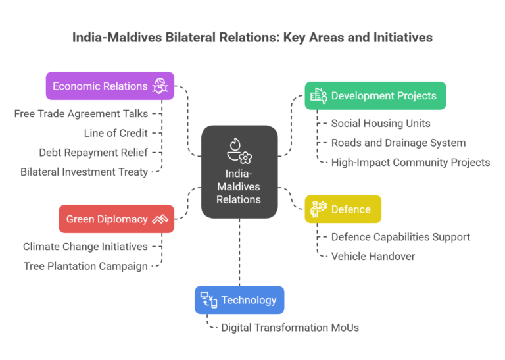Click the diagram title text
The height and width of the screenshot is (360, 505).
[252, 37]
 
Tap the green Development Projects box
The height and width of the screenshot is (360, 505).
[375, 95]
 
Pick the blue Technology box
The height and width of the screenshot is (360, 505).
[239, 300]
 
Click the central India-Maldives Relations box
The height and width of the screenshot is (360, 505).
[239, 171]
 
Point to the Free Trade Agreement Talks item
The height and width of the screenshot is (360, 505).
[81, 114]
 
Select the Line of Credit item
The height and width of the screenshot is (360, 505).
[116, 133]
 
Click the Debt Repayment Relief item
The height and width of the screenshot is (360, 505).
[93, 153]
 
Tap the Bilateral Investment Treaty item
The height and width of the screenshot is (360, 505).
[84, 172]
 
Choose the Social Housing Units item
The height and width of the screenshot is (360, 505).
[381, 123]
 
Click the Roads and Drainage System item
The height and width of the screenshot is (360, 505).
[398, 143]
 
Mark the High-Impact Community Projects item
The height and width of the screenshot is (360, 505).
[410, 162]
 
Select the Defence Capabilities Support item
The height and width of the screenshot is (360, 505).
[400, 237]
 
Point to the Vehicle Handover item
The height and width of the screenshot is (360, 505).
[373, 256]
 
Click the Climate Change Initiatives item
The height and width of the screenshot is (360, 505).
[85, 247]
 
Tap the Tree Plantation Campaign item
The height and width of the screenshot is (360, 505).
[86, 266]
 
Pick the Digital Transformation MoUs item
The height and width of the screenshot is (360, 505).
[290, 327]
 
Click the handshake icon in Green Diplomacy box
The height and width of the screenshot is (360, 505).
[160, 219]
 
